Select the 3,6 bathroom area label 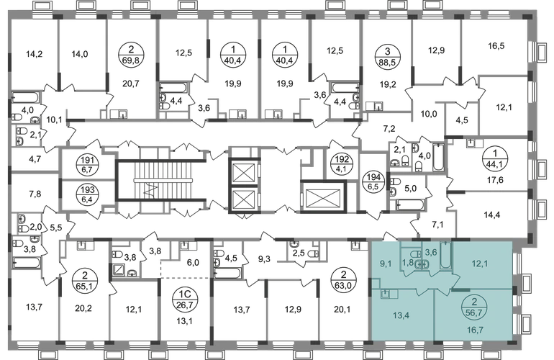431,252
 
